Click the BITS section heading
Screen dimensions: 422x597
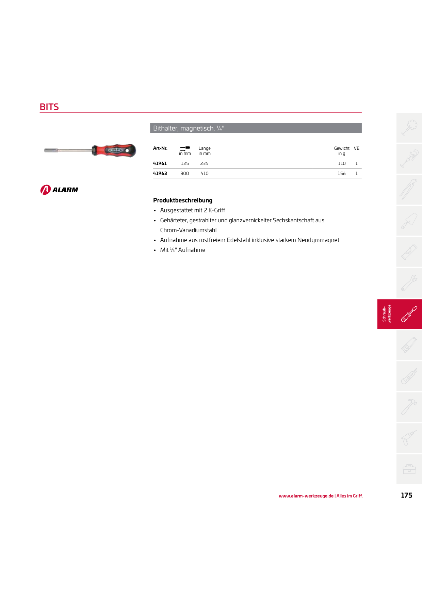pos(49,107)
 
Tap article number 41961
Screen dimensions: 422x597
pos(160,163)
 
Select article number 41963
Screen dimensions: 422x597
pos(160,173)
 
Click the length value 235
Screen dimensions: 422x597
pos(204,163)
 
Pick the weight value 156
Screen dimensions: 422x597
pos(342,173)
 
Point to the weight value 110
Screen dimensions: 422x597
pos(342,163)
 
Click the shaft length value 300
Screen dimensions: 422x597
pos(185,173)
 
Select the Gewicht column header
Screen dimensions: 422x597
pos(342,148)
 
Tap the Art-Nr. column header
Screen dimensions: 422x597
pos(160,148)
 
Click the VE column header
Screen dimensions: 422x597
pos(357,148)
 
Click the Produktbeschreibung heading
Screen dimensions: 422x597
pos(183,200)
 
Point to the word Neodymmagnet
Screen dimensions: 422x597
pos(318,240)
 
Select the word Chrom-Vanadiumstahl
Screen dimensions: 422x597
pos(188,230)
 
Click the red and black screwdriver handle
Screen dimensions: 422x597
pos(114,150)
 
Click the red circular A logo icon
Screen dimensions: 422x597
pos(46,190)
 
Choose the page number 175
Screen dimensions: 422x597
pos(406,495)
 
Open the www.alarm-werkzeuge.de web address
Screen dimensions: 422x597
pos(306,496)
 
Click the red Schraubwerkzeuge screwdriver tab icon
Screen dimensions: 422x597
pos(409,314)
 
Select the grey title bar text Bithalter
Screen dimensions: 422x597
pos(165,128)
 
